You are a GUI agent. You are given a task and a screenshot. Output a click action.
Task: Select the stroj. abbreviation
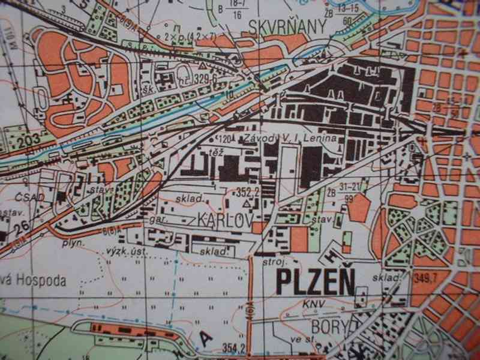click(x=272, y=262)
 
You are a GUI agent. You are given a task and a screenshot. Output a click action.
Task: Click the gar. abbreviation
click(x=158, y=220)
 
